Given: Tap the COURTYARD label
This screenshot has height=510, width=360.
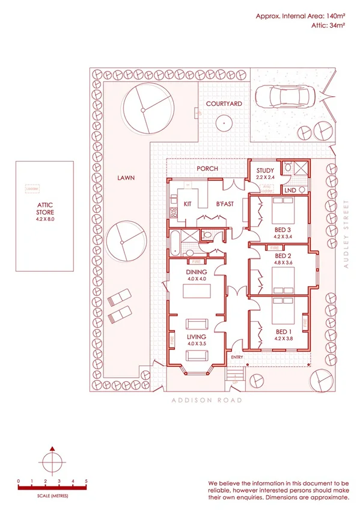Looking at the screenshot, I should [x=224, y=104].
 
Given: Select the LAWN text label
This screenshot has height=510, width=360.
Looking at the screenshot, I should [x=126, y=178].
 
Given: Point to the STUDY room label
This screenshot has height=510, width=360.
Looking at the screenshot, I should [x=265, y=171].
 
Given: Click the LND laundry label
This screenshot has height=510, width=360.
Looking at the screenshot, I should [x=290, y=190].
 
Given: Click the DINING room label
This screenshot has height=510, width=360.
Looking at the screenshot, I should [x=197, y=272].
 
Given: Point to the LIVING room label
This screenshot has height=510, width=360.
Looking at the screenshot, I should [x=197, y=336].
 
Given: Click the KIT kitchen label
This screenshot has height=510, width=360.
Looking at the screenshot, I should [x=188, y=204].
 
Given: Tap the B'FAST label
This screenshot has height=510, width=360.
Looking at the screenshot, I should [x=225, y=204].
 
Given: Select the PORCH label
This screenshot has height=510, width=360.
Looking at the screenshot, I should [x=207, y=169].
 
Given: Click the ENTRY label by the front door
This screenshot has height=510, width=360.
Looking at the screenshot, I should [x=237, y=358].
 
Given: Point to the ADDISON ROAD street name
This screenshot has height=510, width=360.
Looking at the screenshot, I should [x=207, y=400].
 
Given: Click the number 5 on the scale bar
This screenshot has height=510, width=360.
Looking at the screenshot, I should [x=87, y=481].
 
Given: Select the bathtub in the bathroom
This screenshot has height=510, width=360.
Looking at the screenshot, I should [x=174, y=242].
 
